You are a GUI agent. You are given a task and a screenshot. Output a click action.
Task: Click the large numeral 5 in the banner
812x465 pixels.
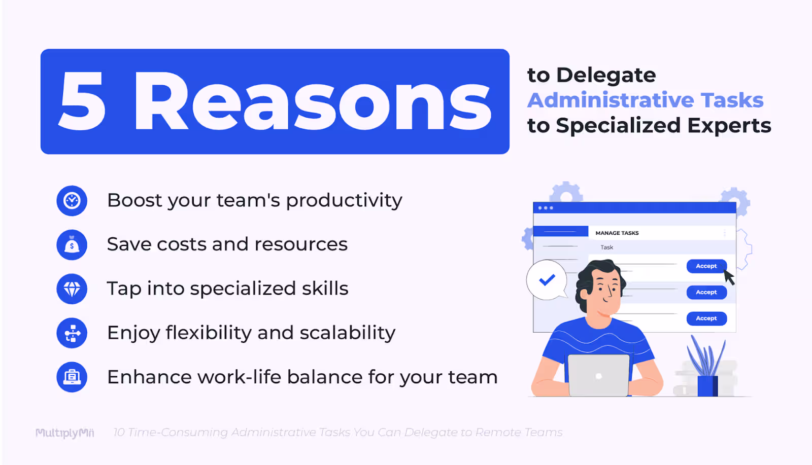point(83,101)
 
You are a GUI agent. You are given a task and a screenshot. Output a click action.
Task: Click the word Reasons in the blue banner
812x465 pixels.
point(312,101)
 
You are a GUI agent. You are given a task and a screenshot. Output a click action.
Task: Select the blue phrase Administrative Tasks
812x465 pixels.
point(645,100)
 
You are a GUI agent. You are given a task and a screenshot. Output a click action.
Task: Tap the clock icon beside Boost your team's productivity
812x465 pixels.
point(72,201)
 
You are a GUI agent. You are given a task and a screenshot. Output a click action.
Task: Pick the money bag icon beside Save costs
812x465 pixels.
point(72,245)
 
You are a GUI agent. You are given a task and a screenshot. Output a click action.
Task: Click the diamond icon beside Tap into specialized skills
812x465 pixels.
point(72,289)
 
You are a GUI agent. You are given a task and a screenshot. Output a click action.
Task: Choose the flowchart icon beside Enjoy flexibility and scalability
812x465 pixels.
point(72,333)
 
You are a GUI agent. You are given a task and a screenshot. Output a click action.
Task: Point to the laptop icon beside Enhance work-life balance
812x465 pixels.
point(72,377)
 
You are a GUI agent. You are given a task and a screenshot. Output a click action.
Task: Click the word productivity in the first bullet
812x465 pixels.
point(344,201)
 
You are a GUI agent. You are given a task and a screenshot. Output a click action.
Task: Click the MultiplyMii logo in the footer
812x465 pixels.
point(64,433)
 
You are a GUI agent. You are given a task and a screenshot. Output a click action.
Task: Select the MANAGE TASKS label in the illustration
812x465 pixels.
point(617,233)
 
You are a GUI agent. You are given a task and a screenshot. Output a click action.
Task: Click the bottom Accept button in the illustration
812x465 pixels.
point(706,318)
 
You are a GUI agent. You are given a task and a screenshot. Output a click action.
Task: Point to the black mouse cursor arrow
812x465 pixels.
point(729,277)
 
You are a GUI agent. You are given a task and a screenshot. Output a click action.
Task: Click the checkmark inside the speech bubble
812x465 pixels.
point(547,279)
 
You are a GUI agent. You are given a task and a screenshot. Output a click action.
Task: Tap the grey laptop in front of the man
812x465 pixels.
point(598,375)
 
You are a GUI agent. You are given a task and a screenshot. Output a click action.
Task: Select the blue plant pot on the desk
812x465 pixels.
point(707,386)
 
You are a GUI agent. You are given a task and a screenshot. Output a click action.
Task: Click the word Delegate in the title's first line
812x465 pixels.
point(606,76)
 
